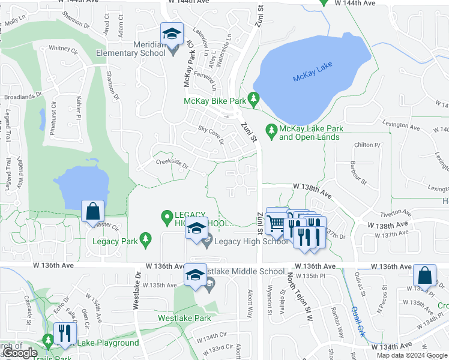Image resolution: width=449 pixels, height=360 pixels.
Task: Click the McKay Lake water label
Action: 312,78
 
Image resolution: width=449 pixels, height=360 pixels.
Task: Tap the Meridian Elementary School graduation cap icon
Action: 172,34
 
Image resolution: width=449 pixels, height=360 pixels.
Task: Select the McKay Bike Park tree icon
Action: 255,98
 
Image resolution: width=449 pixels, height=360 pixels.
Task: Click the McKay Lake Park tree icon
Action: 271,129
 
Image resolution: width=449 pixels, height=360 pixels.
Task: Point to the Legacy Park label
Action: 115,241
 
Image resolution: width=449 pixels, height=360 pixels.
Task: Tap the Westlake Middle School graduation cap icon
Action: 194,275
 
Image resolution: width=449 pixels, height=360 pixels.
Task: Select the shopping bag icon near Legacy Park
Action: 92,211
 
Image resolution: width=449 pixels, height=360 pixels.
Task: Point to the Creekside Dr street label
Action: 172,164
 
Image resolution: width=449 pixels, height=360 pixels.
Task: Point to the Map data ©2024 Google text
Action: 411,355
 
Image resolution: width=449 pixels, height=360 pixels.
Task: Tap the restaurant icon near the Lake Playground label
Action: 62,334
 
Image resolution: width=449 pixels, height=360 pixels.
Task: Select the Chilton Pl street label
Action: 368,145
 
